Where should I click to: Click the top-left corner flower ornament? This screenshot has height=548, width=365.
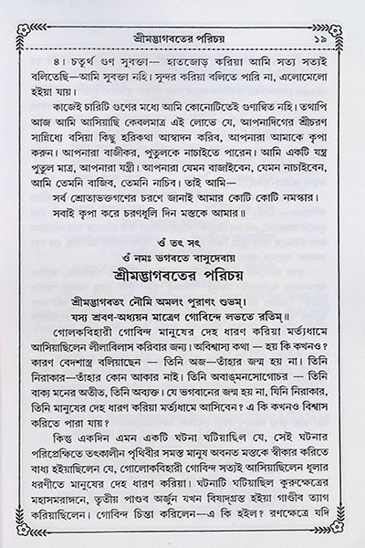tap(13, 12)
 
